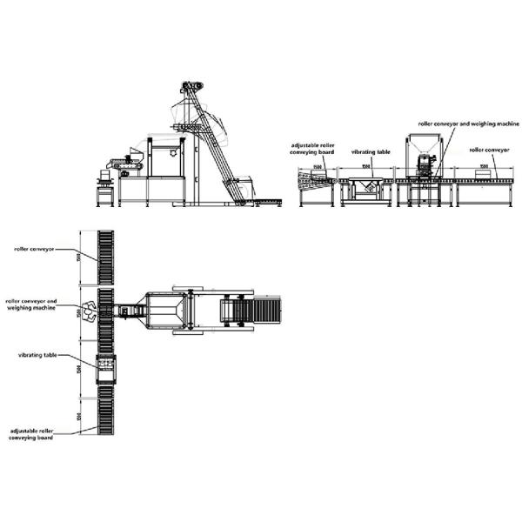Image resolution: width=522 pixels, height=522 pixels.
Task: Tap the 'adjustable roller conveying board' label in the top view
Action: (x=32, y=433)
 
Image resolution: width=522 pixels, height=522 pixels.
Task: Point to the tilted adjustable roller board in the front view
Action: (x=313, y=179)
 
